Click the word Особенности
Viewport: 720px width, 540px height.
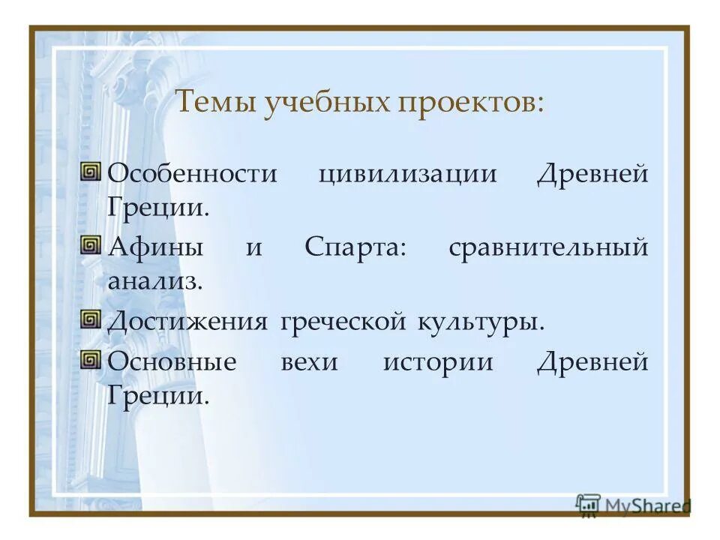coord(192,173)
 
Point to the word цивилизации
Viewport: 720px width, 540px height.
coord(407,175)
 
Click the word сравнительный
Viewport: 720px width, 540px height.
coord(547,247)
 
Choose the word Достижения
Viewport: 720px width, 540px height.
coord(187,322)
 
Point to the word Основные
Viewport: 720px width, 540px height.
coord(172,362)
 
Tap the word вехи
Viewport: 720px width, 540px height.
coord(310,362)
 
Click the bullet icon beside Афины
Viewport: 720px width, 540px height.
coord(91,246)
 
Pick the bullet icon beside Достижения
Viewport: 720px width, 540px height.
coord(91,320)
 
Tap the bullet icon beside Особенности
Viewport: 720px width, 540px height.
coord(91,172)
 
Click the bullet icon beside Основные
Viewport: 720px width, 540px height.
coord(91,361)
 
